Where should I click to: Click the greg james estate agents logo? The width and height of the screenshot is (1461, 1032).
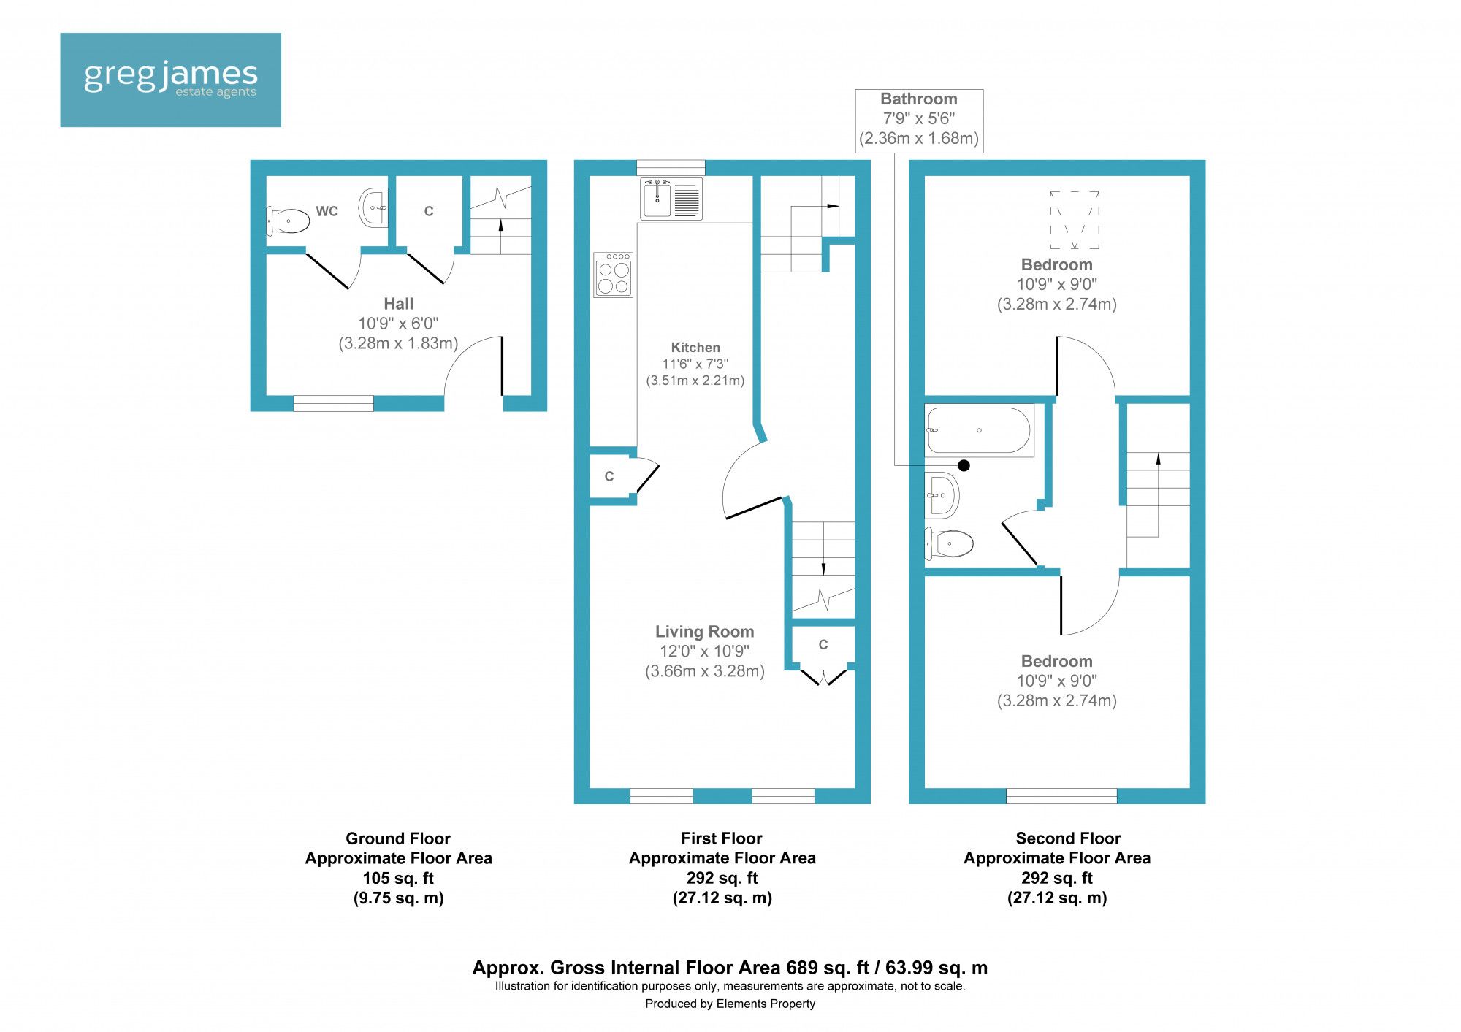coord(170,79)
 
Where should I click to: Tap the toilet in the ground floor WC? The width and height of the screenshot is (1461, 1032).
coord(289,221)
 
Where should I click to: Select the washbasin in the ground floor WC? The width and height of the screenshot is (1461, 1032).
coord(373,208)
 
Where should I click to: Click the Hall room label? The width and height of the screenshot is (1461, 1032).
coord(398,304)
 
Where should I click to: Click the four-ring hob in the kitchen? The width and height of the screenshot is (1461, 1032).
coord(614,275)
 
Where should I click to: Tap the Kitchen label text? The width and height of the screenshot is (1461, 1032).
coord(695,348)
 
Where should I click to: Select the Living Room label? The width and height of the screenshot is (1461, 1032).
coord(704,632)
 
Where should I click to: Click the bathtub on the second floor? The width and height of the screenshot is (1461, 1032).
coord(979,430)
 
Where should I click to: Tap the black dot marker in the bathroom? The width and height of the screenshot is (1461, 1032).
coord(964,465)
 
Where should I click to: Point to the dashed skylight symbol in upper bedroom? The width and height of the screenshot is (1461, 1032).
coord(1075,220)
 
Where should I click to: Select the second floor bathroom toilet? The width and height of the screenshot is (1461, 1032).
coord(950,543)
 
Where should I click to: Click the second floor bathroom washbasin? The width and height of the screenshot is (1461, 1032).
coord(942,494)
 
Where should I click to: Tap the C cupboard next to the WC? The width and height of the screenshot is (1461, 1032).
coord(429,212)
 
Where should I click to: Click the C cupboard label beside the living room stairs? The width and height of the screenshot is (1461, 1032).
coord(823,645)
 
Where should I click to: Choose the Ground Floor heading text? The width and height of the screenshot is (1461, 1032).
coord(398,838)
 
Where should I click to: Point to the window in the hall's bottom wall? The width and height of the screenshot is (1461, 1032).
coord(333,403)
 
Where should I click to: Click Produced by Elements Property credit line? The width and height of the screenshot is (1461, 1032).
coord(730,1004)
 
